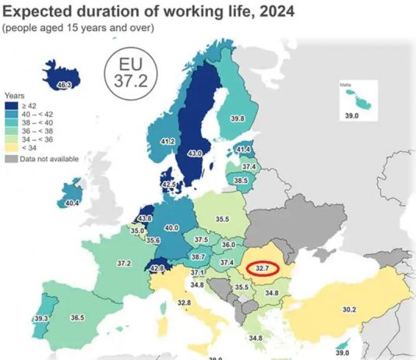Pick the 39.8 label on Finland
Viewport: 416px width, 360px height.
pos(238,118)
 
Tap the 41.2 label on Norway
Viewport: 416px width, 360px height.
pos(167,142)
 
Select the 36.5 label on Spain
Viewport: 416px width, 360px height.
pos(76,318)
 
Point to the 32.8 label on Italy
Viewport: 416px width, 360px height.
pos(184,302)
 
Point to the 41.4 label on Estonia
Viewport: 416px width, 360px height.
pos(244,149)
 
